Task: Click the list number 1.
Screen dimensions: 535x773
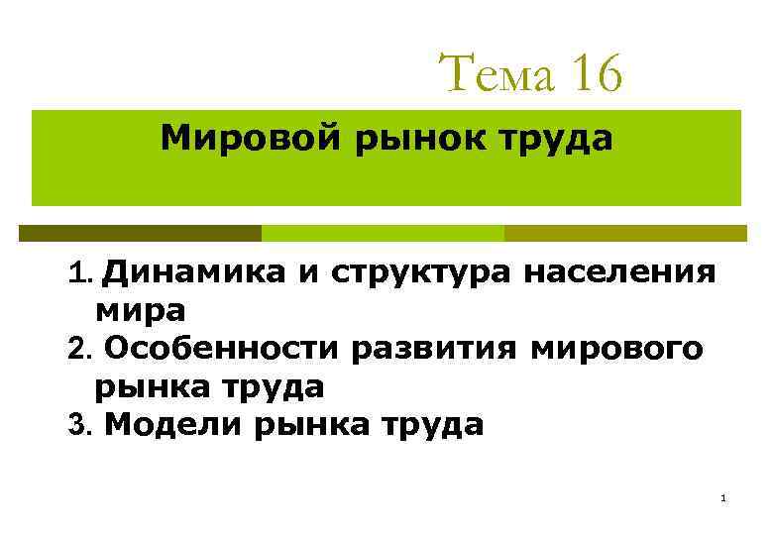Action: pos(80,272)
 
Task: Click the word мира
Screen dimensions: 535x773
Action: pos(140,310)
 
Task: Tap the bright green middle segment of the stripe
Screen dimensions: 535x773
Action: pos(383,234)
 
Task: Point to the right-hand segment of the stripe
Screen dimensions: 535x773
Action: pos(625,234)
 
